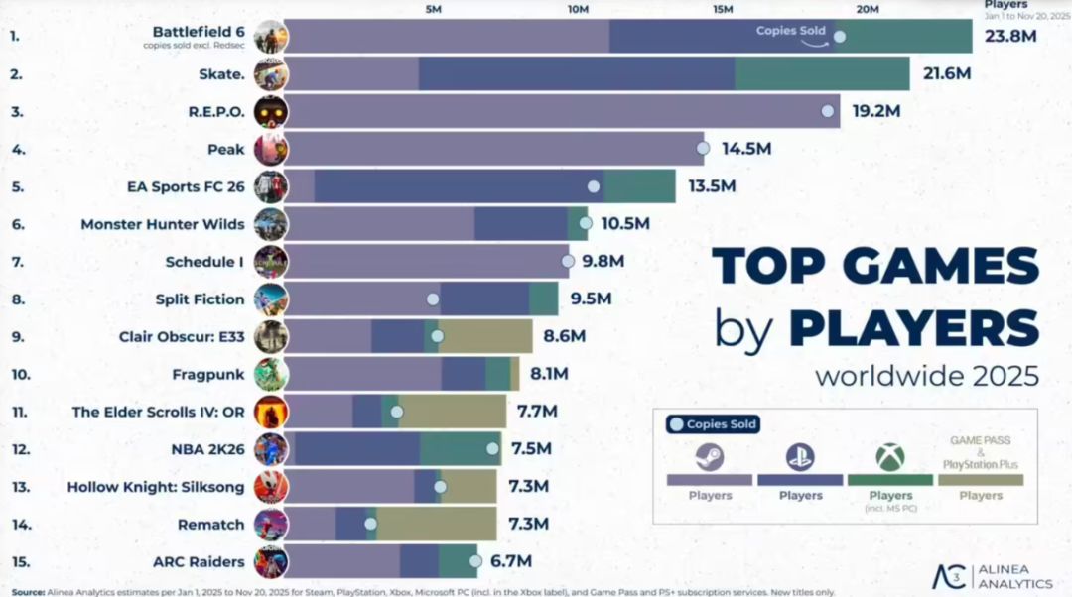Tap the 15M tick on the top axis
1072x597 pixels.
(723, 9)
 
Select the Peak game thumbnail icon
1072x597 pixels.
(271, 149)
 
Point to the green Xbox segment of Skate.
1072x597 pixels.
(822, 74)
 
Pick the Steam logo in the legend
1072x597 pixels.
(709, 457)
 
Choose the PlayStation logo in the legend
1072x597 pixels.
(800, 457)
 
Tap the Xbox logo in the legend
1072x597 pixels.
(890, 457)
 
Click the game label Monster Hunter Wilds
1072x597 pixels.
(163, 224)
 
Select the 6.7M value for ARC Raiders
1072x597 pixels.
(512, 562)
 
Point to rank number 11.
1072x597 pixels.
(18, 412)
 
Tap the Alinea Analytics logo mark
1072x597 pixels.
(951, 576)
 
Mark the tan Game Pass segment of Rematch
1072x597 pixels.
(437, 524)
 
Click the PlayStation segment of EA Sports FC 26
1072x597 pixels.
(457, 186)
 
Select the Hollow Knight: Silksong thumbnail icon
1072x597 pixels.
(271, 487)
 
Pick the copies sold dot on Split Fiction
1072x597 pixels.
(433, 298)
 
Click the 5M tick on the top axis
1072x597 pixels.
(434, 9)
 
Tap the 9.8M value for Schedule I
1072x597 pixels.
(603, 262)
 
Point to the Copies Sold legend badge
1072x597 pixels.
(713, 424)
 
